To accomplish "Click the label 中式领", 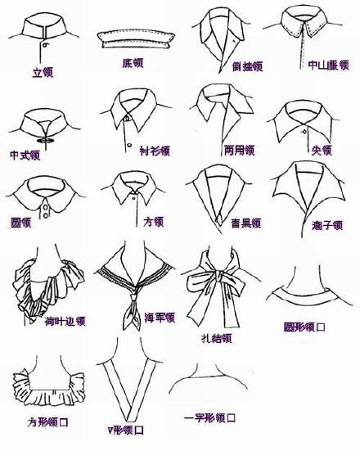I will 25,155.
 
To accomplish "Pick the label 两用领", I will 239,151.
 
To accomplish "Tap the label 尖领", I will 322,150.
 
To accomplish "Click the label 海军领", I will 160,318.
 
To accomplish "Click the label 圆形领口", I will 304,327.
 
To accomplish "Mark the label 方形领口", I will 48,424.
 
